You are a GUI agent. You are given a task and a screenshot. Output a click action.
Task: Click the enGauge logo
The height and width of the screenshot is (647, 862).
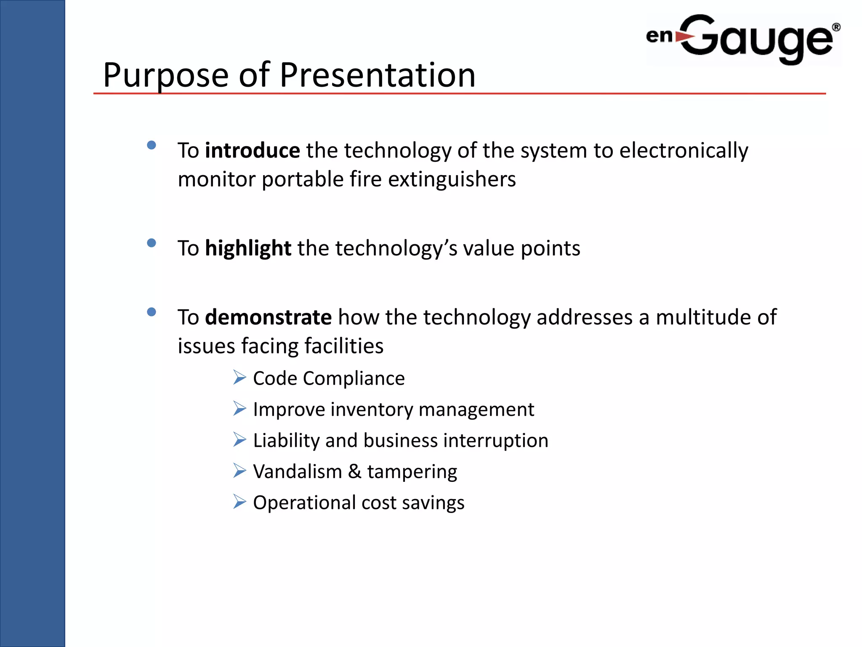click(743, 39)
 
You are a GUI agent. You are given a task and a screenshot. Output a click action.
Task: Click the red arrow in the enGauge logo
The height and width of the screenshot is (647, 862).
click(684, 37)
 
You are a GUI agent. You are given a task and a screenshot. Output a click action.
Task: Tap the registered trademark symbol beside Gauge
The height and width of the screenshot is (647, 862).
click(836, 27)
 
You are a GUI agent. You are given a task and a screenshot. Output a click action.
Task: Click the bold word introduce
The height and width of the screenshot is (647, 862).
click(252, 150)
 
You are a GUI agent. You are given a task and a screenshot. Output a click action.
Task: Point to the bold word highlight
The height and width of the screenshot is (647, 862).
click(248, 248)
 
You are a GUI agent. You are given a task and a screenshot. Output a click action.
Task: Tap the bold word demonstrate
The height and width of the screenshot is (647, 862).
click(268, 317)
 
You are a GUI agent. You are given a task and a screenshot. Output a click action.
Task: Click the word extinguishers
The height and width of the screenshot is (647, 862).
click(452, 179)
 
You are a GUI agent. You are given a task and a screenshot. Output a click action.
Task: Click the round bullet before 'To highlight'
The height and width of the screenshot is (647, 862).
click(152, 243)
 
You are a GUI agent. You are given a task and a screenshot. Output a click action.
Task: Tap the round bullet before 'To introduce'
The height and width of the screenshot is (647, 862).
click(152, 145)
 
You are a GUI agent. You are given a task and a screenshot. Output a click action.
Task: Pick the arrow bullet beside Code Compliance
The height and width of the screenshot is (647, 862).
click(239, 377)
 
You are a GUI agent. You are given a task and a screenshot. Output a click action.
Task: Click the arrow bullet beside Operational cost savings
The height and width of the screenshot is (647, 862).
click(239, 501)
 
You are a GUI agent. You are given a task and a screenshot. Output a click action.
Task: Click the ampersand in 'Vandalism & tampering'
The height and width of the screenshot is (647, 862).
click(354, 471)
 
